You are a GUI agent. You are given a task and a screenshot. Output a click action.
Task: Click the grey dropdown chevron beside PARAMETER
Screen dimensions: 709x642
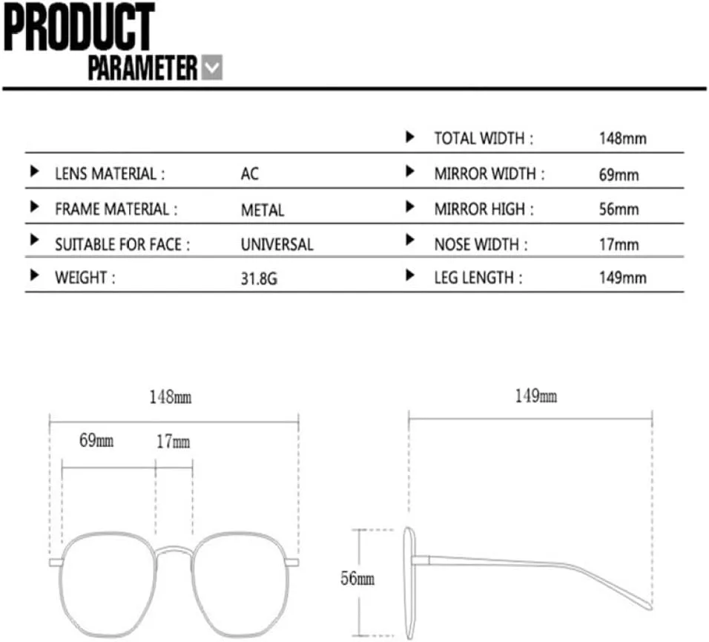point(211,68)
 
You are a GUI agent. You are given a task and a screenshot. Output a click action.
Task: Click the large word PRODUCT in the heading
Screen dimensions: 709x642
point(79,27)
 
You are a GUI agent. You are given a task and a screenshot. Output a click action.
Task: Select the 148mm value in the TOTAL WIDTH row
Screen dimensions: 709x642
point(623,138)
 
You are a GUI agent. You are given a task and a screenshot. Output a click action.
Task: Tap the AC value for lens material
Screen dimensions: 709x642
point(250,174)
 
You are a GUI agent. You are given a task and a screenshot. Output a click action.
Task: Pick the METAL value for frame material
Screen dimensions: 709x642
point(263,210)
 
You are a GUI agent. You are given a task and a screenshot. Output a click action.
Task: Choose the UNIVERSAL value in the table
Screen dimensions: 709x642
point(277,245)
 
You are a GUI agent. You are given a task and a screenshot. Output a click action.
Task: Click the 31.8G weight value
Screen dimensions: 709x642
point(259,279)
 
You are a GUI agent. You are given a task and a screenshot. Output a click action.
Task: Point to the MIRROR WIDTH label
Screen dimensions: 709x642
point(489,174)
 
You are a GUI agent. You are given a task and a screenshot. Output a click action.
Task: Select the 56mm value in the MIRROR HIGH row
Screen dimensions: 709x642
point(619,209)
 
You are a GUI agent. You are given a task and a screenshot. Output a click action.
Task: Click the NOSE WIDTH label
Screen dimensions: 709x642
point(481,245)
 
